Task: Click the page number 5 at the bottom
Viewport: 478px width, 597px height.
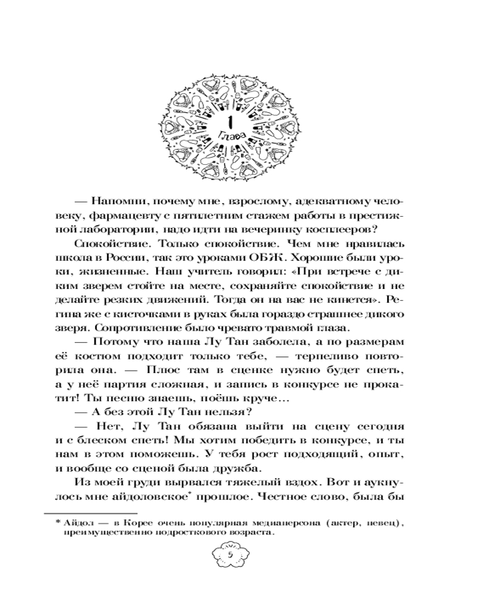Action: tap(230, 556)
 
